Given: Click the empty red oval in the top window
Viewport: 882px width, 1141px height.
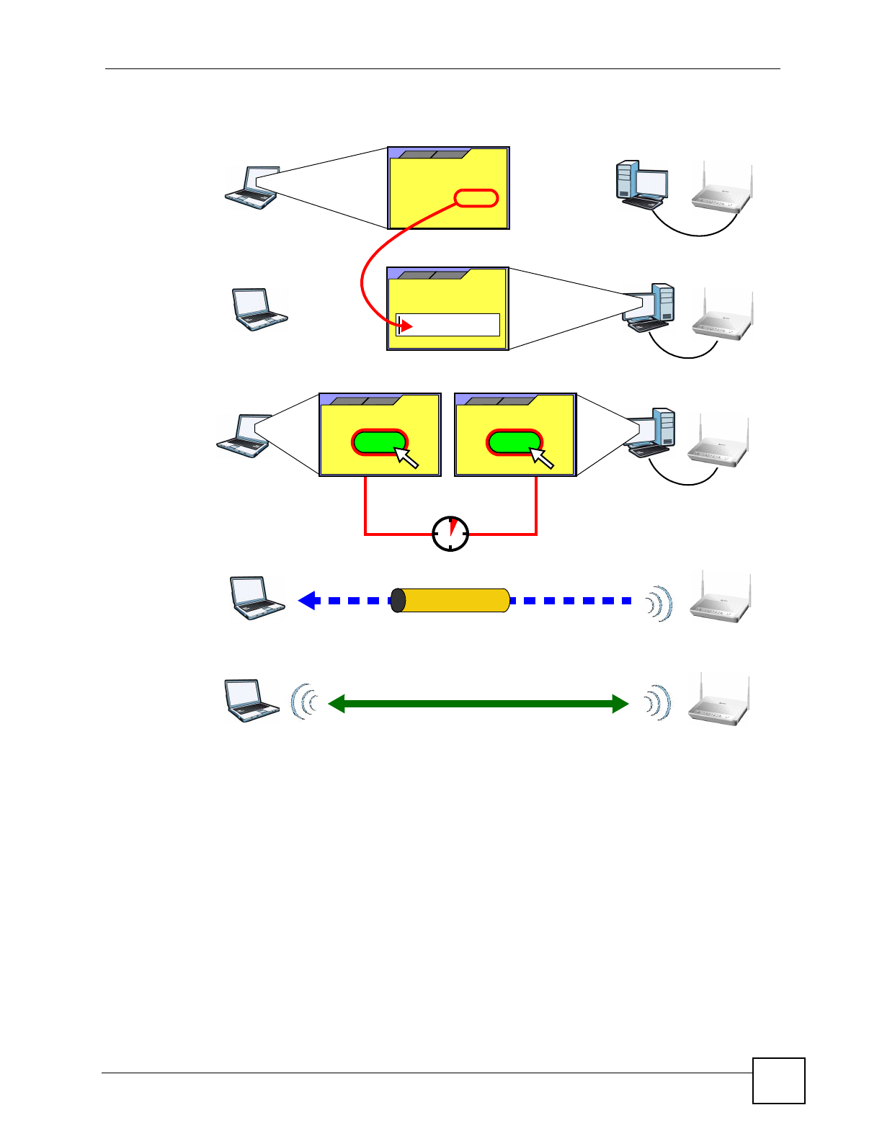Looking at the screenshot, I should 476,198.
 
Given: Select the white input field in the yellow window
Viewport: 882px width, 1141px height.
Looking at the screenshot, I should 448,325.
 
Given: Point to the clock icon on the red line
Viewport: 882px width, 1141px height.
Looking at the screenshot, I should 450,534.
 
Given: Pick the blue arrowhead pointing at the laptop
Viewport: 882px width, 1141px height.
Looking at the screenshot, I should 308,601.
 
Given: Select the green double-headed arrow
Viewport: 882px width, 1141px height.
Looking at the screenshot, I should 478,704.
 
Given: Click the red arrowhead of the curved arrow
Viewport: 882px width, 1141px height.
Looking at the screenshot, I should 406,326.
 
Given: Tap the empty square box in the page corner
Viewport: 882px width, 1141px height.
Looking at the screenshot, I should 778,1080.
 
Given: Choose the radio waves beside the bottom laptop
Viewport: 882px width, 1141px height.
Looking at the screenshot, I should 304,702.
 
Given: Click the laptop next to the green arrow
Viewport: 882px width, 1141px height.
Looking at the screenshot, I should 251,700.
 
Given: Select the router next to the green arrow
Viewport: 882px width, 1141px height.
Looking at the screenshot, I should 719,699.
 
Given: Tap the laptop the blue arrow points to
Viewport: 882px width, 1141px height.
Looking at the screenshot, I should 257,598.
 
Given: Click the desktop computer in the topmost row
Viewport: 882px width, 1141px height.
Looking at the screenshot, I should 641,184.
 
